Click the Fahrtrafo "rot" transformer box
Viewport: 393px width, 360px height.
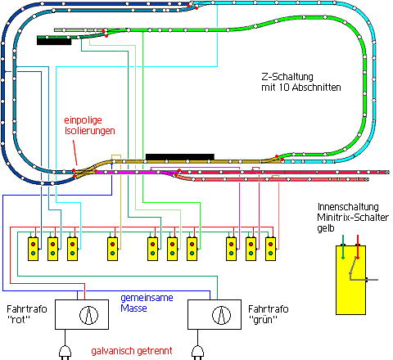82,314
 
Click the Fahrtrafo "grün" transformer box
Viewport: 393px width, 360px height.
215,314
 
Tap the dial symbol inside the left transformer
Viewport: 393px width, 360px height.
88,315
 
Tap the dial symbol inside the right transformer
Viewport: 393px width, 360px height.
221,315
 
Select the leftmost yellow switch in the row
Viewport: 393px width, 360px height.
33,249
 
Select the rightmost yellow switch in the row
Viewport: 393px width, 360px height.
270,249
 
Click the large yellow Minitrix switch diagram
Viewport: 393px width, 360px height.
350,280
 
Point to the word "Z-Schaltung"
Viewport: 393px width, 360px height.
287,77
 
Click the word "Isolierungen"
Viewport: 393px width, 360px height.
90,131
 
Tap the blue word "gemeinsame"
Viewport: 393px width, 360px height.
147,298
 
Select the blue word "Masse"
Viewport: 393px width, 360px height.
133,308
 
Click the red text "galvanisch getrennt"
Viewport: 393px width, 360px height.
132,351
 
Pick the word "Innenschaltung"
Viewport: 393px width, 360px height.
348,207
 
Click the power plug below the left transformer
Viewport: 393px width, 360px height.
65,353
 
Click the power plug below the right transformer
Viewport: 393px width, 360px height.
197,353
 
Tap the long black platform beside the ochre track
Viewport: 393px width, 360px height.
180,157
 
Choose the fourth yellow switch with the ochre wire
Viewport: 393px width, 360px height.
112,249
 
